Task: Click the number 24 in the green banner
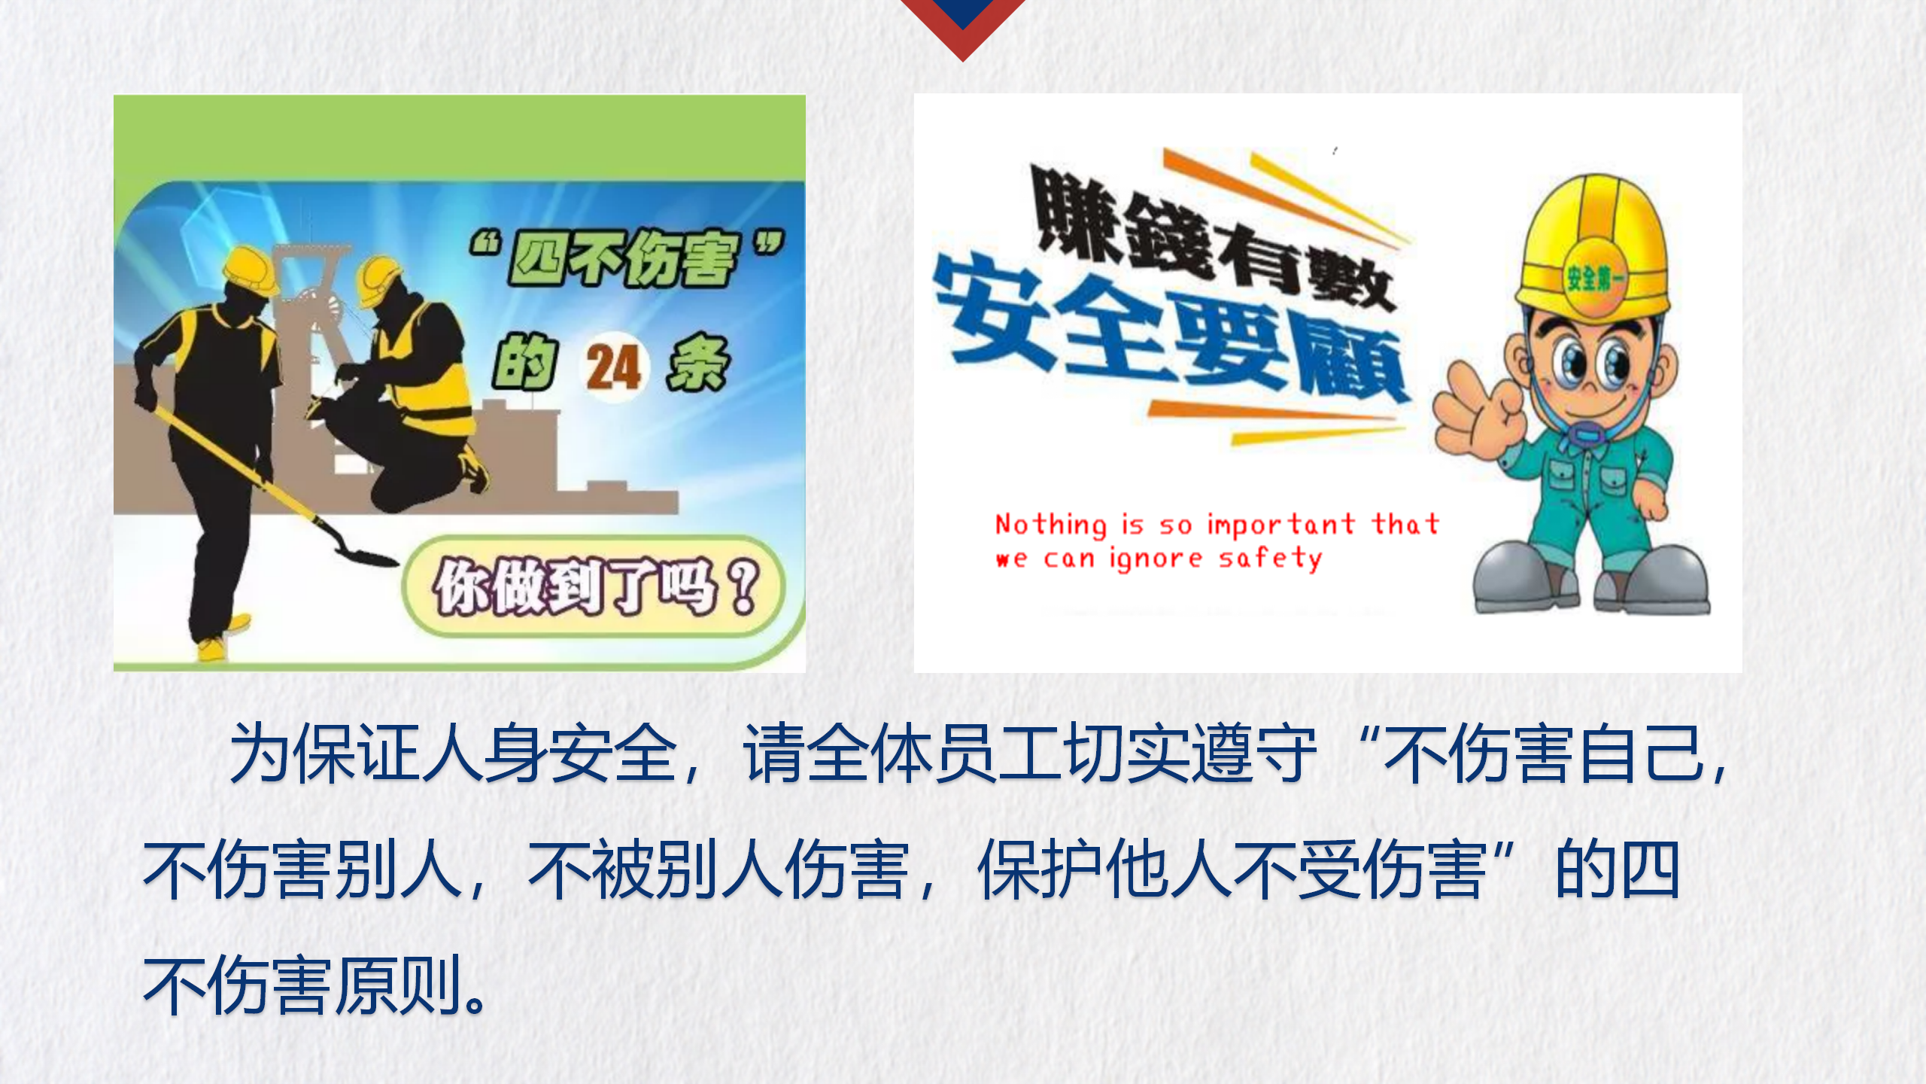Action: pyautogui.click(x=613, y=367)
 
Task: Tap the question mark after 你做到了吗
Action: pyautogui.click(x=744, y=587)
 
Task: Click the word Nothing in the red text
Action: pyautogui.click(x=1051, y=525)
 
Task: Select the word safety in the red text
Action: pyautogui.click(x=1270, y=559)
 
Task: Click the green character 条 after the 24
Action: pyautogui.click(x=697, y=363)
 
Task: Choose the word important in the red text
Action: pyautogui.click(x=1281, y=525)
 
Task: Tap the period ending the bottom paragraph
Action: pyautogui.click(x=475, y=1001)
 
